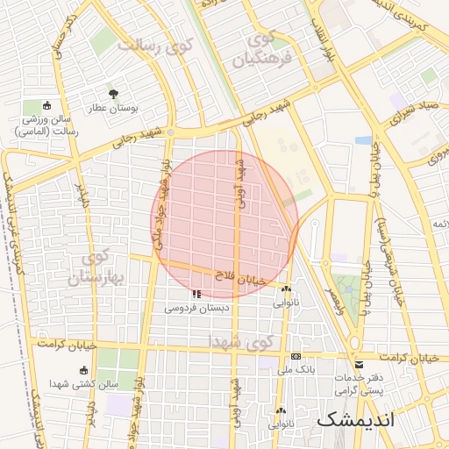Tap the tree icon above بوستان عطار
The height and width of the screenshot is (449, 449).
pos(112,93)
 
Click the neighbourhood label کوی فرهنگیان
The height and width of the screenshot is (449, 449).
pos(260,51)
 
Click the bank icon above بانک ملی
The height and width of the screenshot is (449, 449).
pos(296,356)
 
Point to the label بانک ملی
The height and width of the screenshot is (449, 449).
pos(296,370)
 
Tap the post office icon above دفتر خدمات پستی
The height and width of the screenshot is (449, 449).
pos(358,365)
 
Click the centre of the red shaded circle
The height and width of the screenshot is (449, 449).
pos(225,224)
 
